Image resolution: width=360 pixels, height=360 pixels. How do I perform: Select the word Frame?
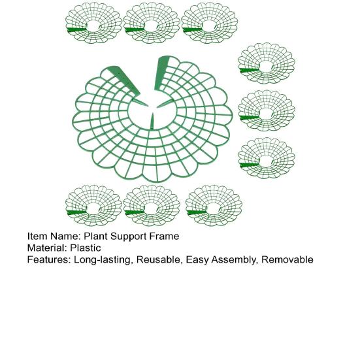pyautogui.click(x=165, y=237)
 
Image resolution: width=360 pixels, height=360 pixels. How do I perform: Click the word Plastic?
pyautogui.click(x=86, y=248)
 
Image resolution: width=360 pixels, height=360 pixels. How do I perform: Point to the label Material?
pyautogui.click(x=48, y=248)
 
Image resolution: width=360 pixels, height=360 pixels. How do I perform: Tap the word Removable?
pyautogui.click(x=287, y=259)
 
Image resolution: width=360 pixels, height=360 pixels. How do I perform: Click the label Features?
pyautogui.click(x=49, y=259)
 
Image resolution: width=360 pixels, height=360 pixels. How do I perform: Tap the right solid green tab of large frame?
pyautogui.click(x=162, y=73)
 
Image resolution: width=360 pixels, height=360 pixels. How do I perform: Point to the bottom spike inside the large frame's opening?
pyautogui.click(x=152, y=122)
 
